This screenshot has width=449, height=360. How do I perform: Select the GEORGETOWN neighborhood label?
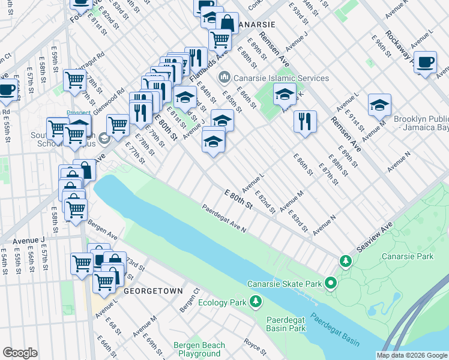pos(153,290)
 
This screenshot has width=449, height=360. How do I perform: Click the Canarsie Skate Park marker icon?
pos(330,283)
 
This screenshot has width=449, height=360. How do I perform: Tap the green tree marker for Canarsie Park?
pos(345,261)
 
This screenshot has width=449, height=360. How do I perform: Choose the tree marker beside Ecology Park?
pos(256,301)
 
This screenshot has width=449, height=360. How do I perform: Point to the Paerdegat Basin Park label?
pos(286,324)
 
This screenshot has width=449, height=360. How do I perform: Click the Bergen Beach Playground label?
pos(199,349)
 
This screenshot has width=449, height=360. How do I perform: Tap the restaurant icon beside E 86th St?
pos(305,122)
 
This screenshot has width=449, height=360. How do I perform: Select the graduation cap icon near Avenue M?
pos(379,106)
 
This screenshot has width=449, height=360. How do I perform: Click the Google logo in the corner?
pos(20,353)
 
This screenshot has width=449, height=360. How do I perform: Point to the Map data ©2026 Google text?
pos(412,355)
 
